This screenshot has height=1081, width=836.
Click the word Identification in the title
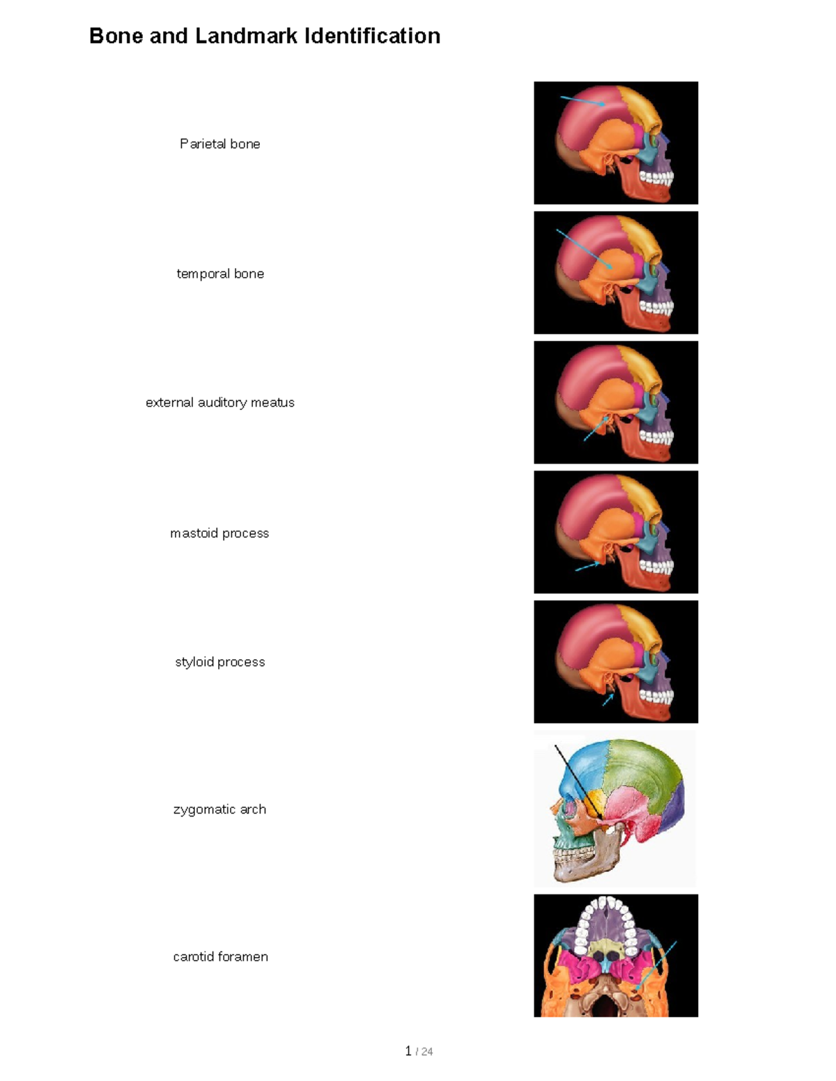pos(372,35)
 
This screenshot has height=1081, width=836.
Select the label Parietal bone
pos(219,144)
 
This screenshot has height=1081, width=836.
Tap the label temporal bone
pos(220,274)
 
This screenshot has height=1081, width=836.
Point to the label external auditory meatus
pos(219,402)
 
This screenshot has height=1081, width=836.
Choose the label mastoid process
pos(219,533)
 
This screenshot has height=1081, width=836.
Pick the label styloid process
pos(219,662)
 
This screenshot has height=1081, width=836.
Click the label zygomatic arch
pos(219,810)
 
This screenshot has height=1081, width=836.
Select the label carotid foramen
pos(220,956)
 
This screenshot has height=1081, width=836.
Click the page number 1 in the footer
pos(408,1051)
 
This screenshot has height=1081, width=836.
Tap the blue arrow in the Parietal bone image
pos(582,100)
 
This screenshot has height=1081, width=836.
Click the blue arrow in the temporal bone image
pos(584,249)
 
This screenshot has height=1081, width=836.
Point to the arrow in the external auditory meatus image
pos(596,429)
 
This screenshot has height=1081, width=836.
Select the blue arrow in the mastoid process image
pos(587,567)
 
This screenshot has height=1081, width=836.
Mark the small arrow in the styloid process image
pos(608,700)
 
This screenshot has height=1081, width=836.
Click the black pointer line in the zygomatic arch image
pos(578,782)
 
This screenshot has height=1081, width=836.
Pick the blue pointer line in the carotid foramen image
pos(656,964)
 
